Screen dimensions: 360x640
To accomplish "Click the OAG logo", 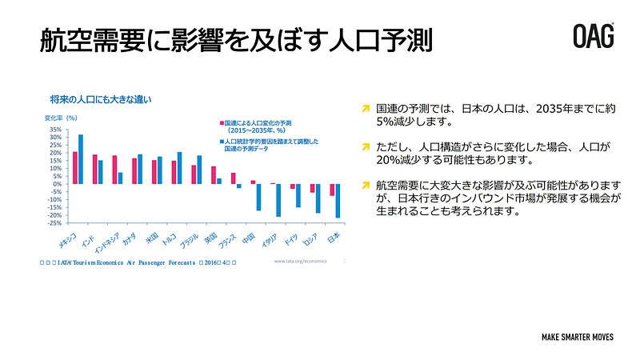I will [x=593, y=36].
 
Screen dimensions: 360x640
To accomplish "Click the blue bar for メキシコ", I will [x=81, y=159].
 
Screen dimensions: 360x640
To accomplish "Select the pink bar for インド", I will [x=95, y=170].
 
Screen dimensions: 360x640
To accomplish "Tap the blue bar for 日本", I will [x=338, y=201].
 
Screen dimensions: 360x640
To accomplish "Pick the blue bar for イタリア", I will [x=278, y=200].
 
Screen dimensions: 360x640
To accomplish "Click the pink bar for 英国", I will [x=214, y=175].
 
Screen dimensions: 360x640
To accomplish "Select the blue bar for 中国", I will [x=259, y=197].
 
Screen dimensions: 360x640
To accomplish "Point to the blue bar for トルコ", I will [x=180, y=168].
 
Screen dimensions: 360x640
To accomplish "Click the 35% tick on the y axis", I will [x=55, y=129].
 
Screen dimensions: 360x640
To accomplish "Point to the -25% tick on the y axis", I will [x=55, y=223].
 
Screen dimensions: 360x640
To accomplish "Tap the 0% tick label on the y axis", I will [x=58, y=184].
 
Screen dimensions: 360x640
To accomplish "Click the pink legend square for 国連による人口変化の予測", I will [x=222, y=122].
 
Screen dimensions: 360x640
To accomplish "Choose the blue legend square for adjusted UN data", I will [x=222, y=141].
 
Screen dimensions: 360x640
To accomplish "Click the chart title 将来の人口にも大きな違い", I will [x=100, y=100].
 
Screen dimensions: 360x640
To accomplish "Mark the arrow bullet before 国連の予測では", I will [x=366, y=107].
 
